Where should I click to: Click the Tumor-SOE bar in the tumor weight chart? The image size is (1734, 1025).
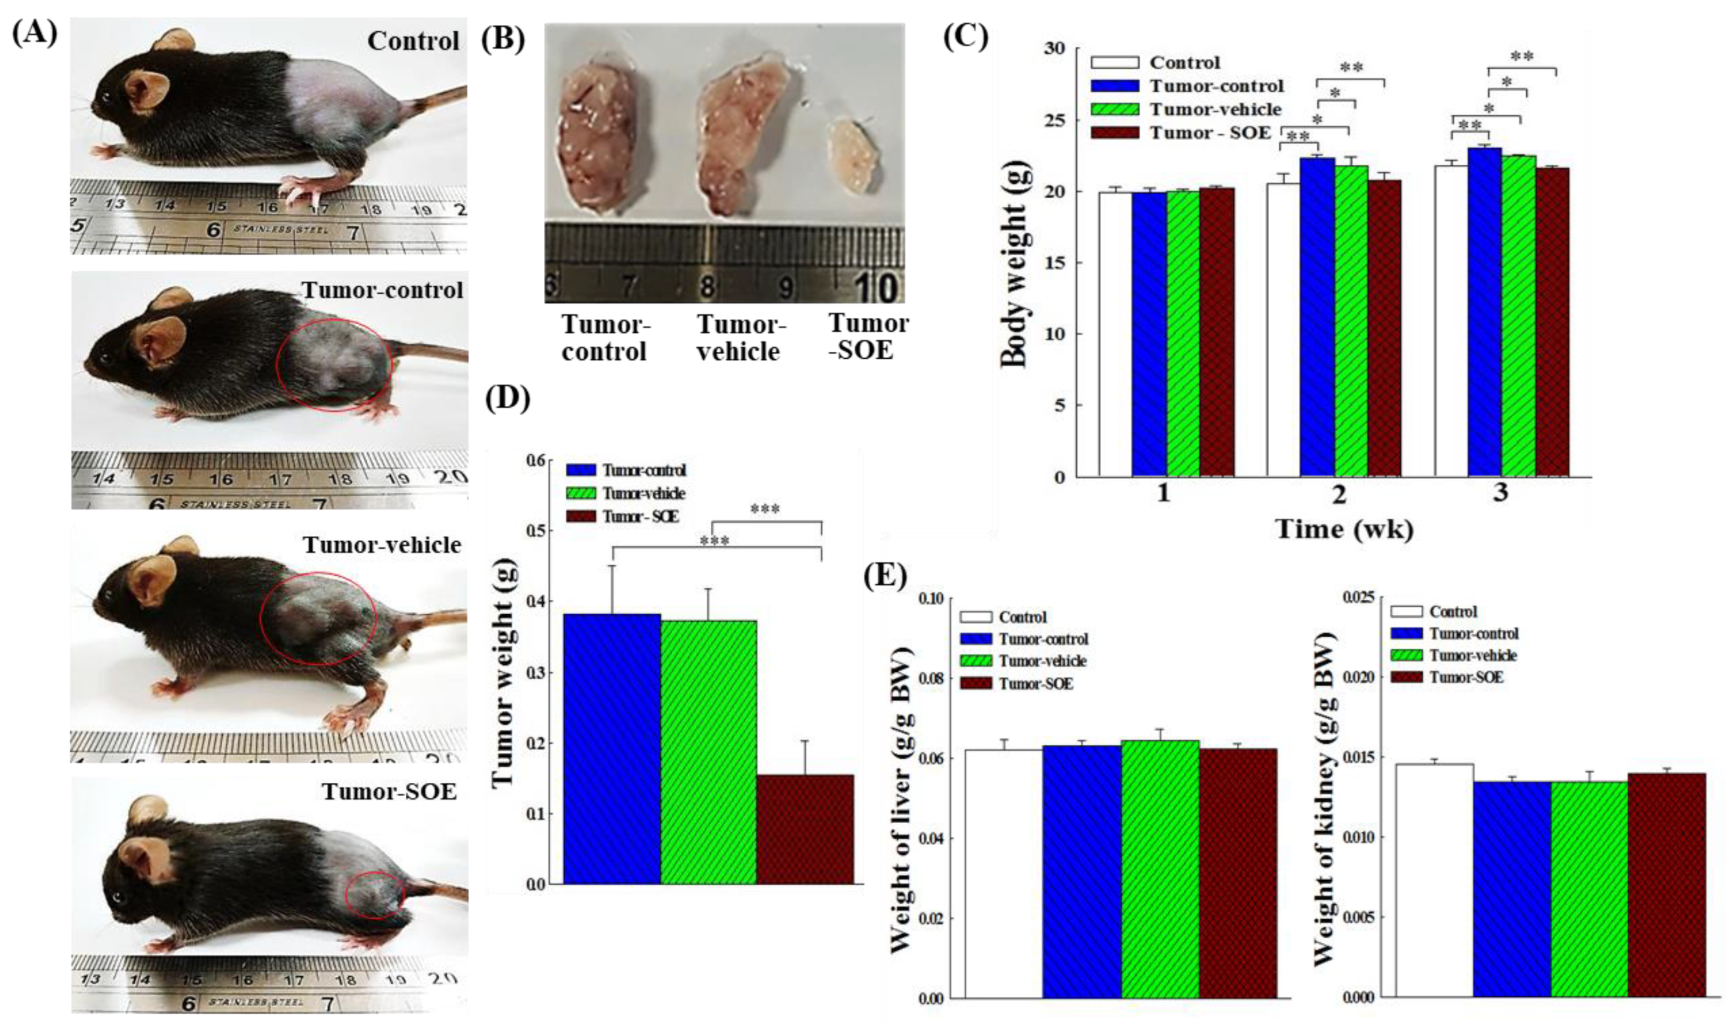[x=805, y=829]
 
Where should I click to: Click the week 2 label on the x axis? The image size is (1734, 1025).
[x=1338, y=495]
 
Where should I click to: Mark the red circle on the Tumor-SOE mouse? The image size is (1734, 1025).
[x=374, y=895]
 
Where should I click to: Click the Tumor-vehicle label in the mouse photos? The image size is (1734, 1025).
[x=381, y=545]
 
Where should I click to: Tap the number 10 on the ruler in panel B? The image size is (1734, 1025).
[x=878, y=287]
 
